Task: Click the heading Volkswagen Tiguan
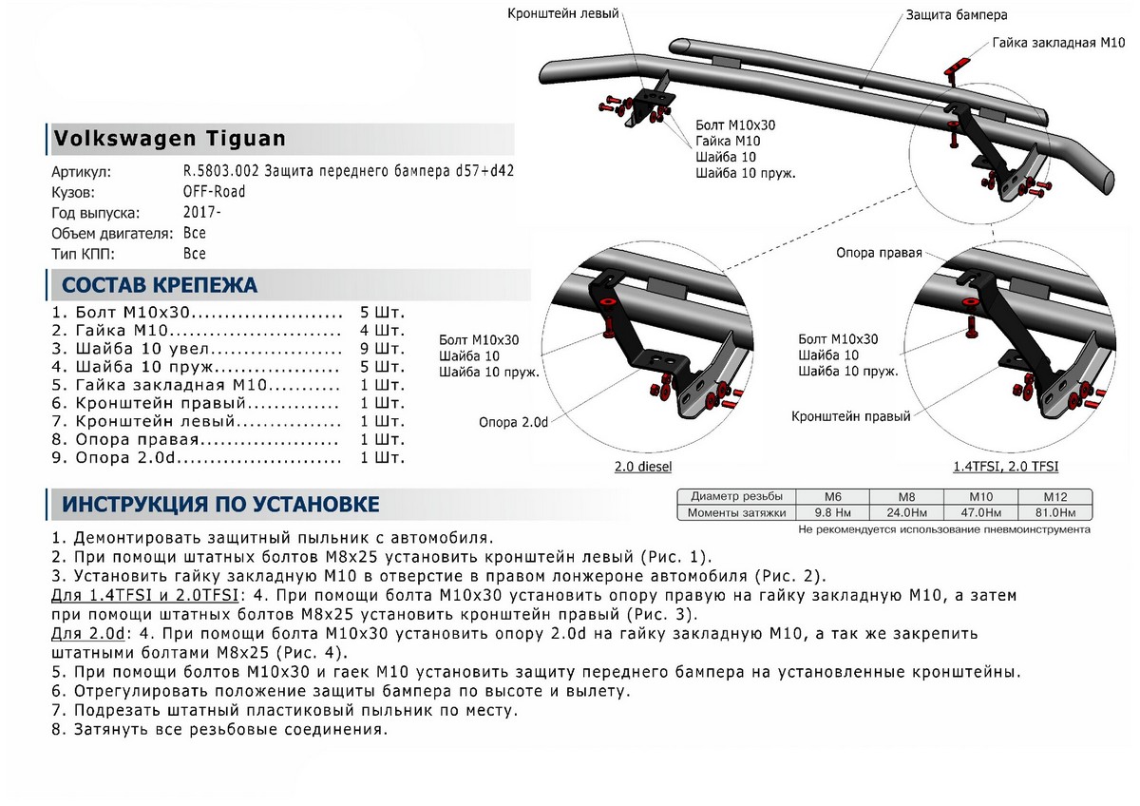pyautogui.click(x=169, y=139)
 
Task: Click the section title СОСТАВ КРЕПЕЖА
pyautogui.click(x=159, y=285)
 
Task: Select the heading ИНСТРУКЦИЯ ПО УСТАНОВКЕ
pyautogui.click(x=220, y=503)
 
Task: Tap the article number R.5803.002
pyautogui.click(x=227, y=172)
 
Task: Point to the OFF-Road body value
pyautogui.click(x=214, y=192)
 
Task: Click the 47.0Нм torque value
pyautogui.click(x=979, y=513)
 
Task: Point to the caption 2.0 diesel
pyautogui.click(x=644, y=467)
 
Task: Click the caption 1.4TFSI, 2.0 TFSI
pyautogui.click(x=1006, y=467)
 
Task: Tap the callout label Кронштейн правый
pyautogui.click(x=851, y=416)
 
